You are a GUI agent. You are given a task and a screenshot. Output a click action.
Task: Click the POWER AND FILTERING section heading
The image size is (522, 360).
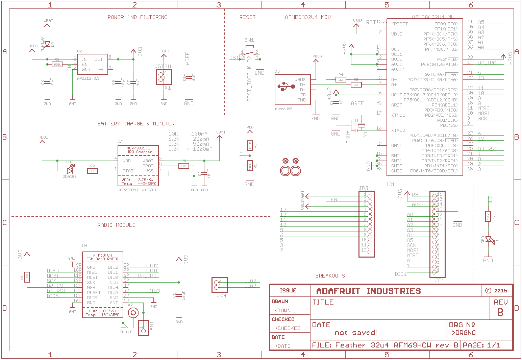coord(138,17)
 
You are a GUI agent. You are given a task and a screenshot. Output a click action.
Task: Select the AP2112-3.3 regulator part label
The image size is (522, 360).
coord(88,78)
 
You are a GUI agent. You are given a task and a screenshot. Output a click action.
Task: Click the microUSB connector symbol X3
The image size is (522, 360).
coord(293,90)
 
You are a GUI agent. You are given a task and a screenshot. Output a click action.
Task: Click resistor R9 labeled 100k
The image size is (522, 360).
coord(57,64)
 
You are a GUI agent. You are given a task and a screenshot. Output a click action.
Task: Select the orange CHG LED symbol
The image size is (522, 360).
coord(70,171)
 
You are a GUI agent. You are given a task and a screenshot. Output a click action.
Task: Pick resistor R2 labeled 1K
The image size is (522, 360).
coord(93,171)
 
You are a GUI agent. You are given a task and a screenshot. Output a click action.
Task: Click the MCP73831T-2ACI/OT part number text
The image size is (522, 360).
coord(137,190)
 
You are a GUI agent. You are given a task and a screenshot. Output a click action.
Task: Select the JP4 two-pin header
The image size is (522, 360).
coord(220,285)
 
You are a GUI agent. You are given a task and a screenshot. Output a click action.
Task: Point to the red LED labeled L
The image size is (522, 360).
coord(489,240)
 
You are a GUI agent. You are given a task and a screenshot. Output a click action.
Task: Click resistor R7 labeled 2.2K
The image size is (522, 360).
coord(488,216)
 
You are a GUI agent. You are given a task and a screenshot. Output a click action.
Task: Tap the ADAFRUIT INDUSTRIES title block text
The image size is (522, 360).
coord(368,291)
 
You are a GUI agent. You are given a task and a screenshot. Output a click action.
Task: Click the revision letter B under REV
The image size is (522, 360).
coord(500,312)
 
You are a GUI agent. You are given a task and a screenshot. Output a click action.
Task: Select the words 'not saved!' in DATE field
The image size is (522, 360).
coord(355,333)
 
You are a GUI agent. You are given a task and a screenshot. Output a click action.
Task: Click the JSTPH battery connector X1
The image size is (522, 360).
coord(164,77)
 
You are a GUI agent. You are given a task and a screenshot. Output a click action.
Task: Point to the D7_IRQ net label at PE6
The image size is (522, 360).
coord(487,63)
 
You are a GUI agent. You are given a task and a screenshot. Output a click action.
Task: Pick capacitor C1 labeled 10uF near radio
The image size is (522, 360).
coord(179,295)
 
